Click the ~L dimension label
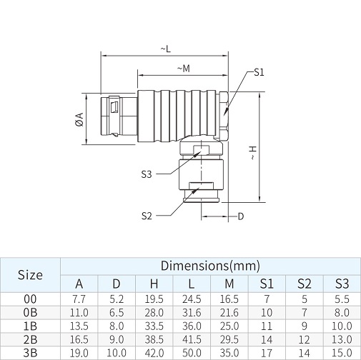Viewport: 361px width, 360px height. (x=166, y=49)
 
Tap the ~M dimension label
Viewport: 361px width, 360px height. (x=184, y=69)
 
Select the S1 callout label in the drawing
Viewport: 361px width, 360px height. (x=259, y=72)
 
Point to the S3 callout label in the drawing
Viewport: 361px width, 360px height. (x=147, y=174)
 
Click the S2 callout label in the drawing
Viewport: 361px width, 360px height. (x=147, y=216)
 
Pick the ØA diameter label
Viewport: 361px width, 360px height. (x=79, y=119)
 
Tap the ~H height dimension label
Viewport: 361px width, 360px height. (x=253, y=153)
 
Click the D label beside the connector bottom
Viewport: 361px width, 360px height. (x=241, y=216)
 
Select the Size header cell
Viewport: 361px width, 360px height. (x=30, y=275)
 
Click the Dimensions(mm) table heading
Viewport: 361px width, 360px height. (x=210, y=266)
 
